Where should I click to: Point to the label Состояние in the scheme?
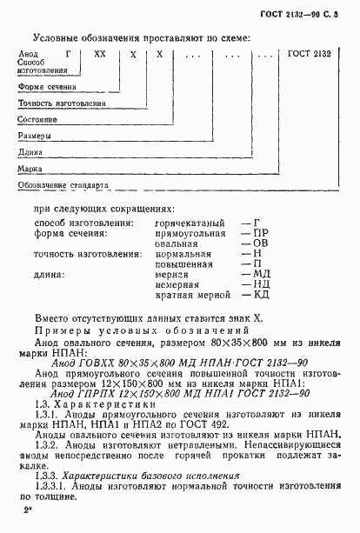pyautogui.click(x=37, y=118)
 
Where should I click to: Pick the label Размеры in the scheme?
pyautogui.click(x=35, y=135)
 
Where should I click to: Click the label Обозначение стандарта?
pyautogui.click(x=61, y=184)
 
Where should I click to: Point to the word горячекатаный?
pyautogui.click(x=185, y=223)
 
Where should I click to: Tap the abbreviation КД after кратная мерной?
pyautogui.click(x=258, y=295)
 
